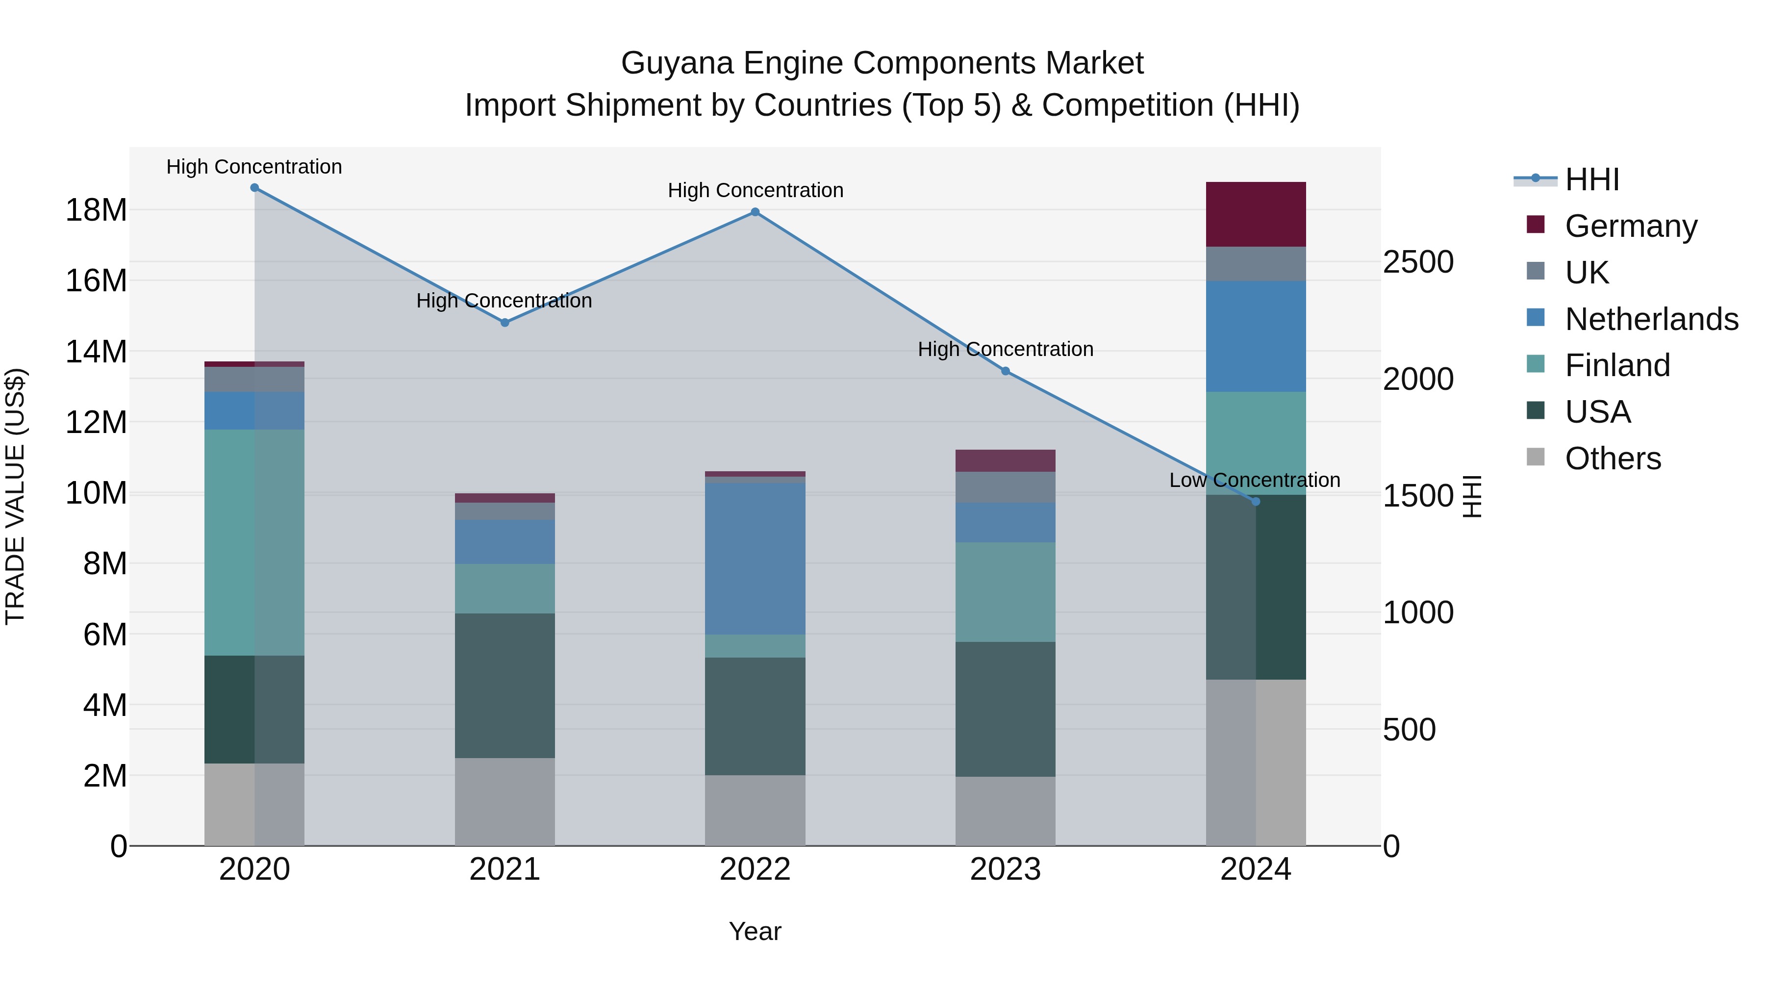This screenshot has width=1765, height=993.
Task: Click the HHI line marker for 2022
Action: tap(755, 212)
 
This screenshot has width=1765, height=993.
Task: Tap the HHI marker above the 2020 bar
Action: tap(254, 188)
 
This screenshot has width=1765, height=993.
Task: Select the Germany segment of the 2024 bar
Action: tap(1256, 214)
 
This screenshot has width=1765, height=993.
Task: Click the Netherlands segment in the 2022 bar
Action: tap(755, 559)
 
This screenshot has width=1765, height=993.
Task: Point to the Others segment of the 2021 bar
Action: tap(505, 801)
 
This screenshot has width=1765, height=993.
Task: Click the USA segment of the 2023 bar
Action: tap(1005, 709)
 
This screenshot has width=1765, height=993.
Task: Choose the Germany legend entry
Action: tap(1631, 226)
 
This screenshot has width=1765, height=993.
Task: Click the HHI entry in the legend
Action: tap(1591, 179)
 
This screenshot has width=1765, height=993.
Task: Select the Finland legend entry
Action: tap(1617, 365)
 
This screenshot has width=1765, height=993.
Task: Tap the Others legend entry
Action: tap(1612, 458)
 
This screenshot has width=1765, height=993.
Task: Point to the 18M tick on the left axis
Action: tap(96, 210)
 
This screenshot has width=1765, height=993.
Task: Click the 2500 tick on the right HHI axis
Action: tap(1417, 262)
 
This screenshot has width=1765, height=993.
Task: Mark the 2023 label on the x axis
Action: tap(1005, 869)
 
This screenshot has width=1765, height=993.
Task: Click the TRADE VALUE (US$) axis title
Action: tap(15, 496)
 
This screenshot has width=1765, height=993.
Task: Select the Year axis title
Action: tap(755, 931)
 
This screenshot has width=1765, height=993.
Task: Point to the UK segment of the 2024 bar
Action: tap(1256, 264)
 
